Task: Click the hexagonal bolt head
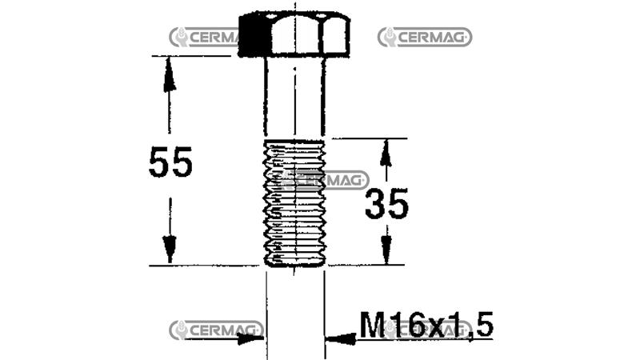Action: pyautogui.click(x=294, y=34)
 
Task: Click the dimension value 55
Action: pyautogui.click(x=170, y=163)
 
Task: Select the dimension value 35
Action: pyautogui.click(x=386, y=205)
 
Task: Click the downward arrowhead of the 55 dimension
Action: pyautogui.click(x=169, y=249)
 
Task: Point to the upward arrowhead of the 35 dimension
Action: pyautogui.click(x=386, y=151)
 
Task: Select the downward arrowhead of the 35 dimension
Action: pyautogui.click(x=386, y=250)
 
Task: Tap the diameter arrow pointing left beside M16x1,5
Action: pyautogui.click(x=341, y=338)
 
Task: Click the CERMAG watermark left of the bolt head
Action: pyautogui.click(x=204, y=37)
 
